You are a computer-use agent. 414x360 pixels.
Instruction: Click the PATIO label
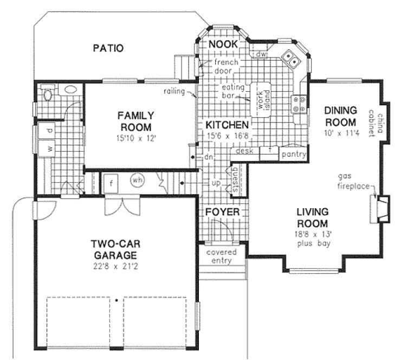[108, 48]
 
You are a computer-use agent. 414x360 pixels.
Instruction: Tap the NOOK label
[223, 44]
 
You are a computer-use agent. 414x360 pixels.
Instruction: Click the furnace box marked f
[111, 181]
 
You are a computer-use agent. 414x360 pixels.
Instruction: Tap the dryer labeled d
[48, 131]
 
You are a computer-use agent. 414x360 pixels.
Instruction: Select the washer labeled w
[48, 148]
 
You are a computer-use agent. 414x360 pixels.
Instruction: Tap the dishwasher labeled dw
[261, 54]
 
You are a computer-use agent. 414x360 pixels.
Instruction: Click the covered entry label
[219, 256]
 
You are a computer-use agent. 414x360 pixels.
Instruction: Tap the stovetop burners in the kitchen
[298, 104]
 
